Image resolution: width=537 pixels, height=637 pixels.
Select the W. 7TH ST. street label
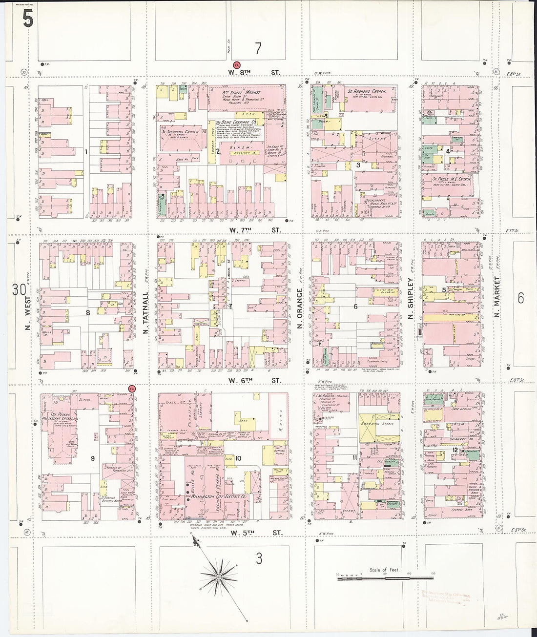254,230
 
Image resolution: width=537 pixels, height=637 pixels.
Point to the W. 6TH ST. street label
254,380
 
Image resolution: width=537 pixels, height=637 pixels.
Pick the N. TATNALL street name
145,312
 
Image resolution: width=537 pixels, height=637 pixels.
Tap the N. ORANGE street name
300,310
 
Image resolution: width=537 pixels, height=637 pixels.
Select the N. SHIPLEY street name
411,299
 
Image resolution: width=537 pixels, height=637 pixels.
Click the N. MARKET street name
497,297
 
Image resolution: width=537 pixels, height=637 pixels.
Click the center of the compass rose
220,577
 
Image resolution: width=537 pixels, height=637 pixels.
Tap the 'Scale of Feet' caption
384,570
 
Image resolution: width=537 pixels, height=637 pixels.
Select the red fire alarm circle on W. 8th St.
236,64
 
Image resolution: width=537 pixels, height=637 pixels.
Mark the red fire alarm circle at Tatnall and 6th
131,389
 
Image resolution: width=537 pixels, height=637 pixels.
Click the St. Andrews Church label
366,91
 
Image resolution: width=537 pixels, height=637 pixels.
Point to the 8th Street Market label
241,92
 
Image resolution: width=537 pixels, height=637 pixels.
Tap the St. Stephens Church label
180,132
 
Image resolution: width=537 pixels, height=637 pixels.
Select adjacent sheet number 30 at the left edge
19,289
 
